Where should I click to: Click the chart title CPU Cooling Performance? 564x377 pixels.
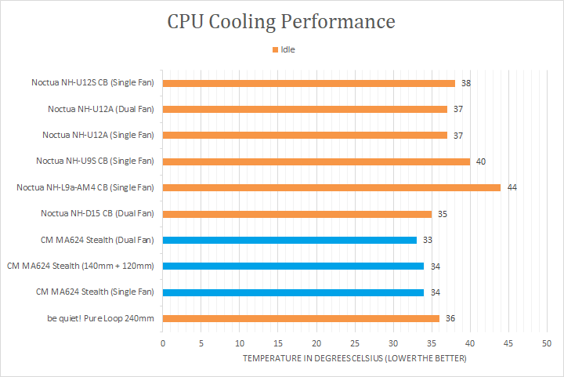[281, 21]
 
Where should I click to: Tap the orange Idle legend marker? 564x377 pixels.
[275, 50]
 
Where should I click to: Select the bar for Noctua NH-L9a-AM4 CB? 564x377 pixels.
[331, 187]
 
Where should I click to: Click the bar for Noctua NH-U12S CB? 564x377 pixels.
[308, 83]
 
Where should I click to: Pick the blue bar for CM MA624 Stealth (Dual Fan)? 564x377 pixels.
[289, 240]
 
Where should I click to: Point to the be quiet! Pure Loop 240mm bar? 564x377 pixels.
[300, 318]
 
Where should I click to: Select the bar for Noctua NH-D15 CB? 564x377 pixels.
[296, 213]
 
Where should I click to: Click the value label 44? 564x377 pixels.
[512, 187]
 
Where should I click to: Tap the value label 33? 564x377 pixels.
[428, 240]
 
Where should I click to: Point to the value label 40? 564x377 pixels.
[481, 161]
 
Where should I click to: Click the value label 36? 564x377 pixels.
[450, 318]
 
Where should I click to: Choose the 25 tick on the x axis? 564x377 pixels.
[355, 343]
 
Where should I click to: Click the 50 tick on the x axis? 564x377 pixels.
[547, 343]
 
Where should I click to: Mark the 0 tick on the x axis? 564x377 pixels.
[163, 343]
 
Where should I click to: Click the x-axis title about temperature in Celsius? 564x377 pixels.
[354, 358]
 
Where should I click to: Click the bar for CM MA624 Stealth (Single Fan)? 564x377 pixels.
[293, 292]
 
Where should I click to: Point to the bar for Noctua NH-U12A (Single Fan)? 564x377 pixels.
[304, 135]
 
